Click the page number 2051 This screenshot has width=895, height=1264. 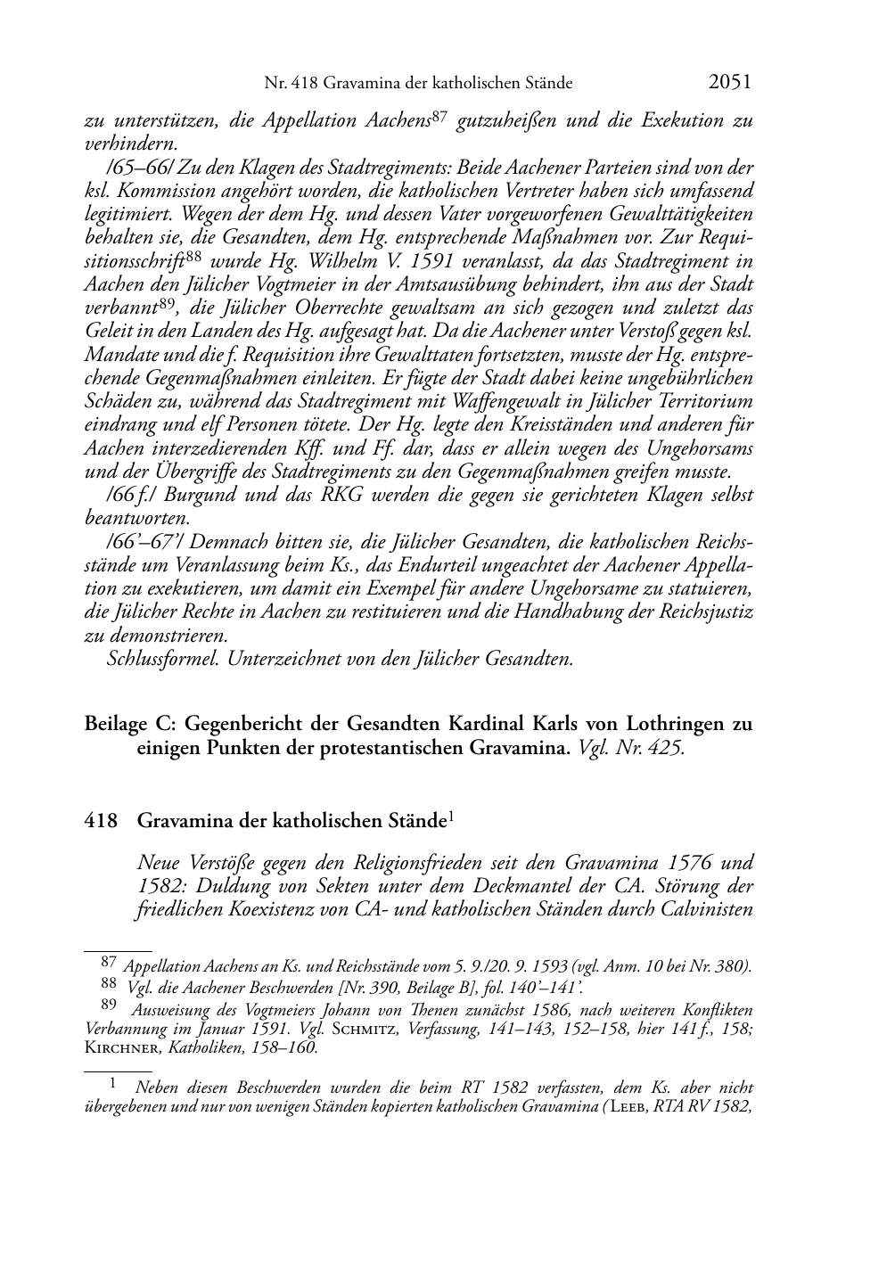(730, 82)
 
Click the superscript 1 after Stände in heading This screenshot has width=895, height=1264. (453, 816)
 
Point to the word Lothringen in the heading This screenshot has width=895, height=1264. (665, 724)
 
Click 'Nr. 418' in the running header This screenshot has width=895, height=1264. (290, 84)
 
